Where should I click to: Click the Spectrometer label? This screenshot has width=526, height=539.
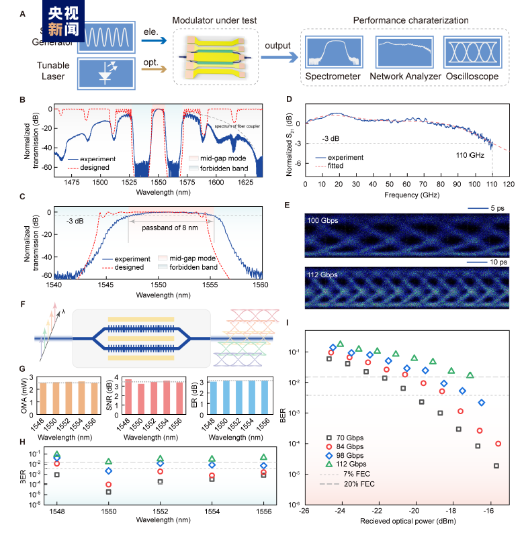(333, 77)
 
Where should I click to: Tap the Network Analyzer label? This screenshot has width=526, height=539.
(405, 77)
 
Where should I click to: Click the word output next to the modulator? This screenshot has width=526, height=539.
(276, 46)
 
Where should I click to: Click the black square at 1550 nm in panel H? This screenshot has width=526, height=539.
(108, 491)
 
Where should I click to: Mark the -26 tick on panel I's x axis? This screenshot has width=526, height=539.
(304, 510)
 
